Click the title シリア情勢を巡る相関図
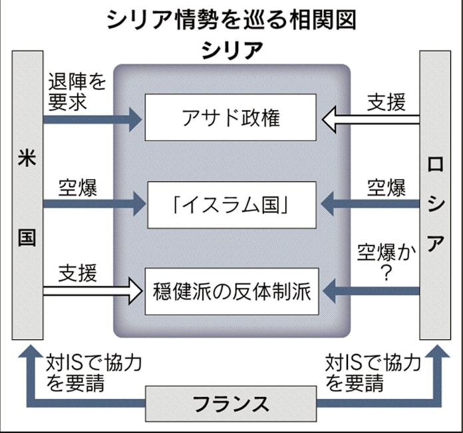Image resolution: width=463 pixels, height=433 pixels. [x=231, y=20]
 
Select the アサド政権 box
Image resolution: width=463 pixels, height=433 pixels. [x=231, y=118]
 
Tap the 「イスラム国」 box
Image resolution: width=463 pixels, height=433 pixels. [x=231, y=204]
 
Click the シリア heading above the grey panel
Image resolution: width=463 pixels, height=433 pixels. [x=231, y=50]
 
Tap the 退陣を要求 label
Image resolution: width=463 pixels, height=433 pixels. [x=77, y=92]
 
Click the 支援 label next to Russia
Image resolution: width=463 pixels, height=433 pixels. [x=386, y=102]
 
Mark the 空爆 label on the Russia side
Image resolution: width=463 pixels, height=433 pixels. [x=386, y=188]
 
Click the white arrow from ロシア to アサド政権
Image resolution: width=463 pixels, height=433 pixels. [x=369, y=120]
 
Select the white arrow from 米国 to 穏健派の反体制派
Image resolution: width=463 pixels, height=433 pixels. [x=93, y=290]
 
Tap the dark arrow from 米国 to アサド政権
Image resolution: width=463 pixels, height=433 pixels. [x=93, y=120]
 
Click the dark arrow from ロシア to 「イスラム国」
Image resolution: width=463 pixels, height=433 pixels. [x=369, y=204]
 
